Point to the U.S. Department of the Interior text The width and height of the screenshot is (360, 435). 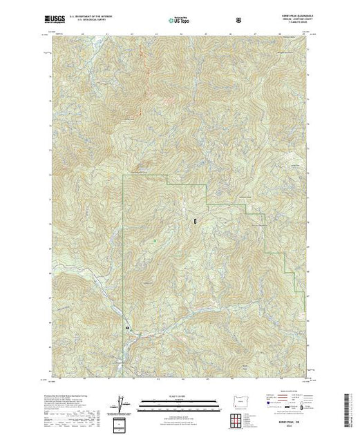(x=96, y=15)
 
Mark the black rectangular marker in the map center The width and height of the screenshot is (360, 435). (x=196, y=222)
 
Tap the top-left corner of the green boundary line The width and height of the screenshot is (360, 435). (x=123, y=177)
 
